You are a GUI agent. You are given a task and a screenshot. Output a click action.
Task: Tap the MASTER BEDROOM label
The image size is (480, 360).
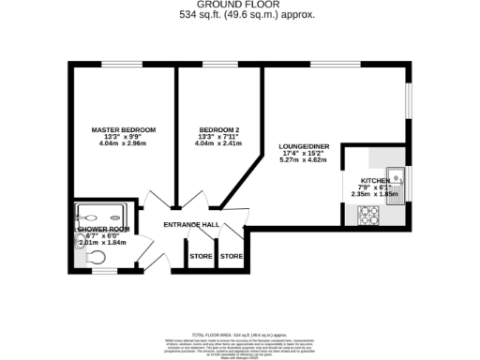coord(123,128)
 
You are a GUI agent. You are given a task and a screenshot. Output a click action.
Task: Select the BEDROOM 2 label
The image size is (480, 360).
coord(219,128)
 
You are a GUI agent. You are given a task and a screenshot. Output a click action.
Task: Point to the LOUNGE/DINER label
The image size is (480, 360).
coord(303,146)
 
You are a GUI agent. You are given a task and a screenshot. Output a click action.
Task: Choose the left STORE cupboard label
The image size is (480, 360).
coord(200,255)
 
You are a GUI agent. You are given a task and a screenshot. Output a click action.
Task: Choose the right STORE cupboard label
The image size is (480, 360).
coord(232,255)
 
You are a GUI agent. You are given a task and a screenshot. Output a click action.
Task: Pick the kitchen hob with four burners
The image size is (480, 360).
coord(366,217)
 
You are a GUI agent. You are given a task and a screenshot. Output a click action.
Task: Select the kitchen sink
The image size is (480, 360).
coord(398,176)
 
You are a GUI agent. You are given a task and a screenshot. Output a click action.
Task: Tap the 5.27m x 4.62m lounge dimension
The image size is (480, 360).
coord(303,161)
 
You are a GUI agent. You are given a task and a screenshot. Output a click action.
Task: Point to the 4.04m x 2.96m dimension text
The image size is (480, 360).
coord(123,145)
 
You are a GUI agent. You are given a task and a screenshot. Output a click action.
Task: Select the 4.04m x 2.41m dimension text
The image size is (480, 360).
coord(219,145)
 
